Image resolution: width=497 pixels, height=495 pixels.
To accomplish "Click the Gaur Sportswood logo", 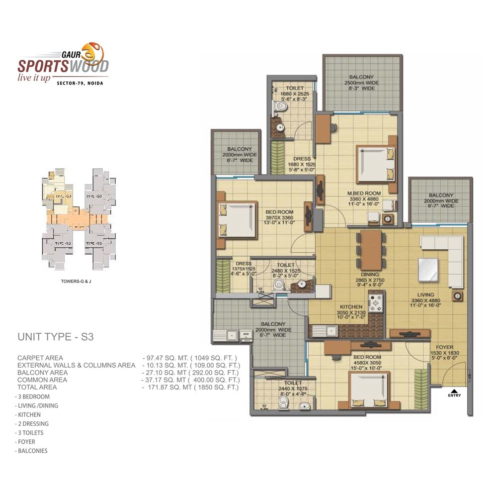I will coord(63,62).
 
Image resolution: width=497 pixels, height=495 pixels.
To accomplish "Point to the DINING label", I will coord(371,274).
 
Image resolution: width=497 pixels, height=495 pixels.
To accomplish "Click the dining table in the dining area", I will coord(371,249).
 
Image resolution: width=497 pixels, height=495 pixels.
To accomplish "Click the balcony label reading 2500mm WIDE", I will coord(361,83).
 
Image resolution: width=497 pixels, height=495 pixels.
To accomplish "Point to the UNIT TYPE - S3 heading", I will coord(56,337).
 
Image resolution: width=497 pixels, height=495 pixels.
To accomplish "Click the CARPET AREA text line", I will coord(40,358).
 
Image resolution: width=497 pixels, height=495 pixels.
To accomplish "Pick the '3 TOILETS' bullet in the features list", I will coord(31,433).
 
